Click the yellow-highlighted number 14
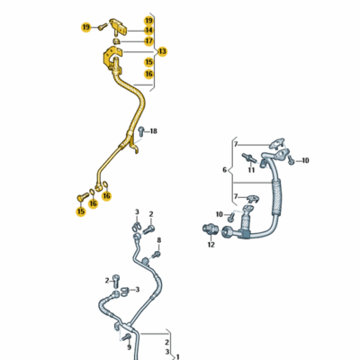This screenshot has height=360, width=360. tap(148, 31)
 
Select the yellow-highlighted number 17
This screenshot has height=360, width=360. tap(148, 40)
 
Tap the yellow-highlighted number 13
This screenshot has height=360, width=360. tap(162, 51)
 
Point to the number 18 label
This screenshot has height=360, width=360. tap(153, 131)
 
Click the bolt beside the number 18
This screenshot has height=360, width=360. tap(141, 131)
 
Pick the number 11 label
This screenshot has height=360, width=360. tap(251, 170)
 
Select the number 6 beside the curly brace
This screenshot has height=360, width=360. tap(225, 170)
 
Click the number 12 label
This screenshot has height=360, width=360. tap(211, 245)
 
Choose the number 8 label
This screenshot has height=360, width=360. tap(159, 240)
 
